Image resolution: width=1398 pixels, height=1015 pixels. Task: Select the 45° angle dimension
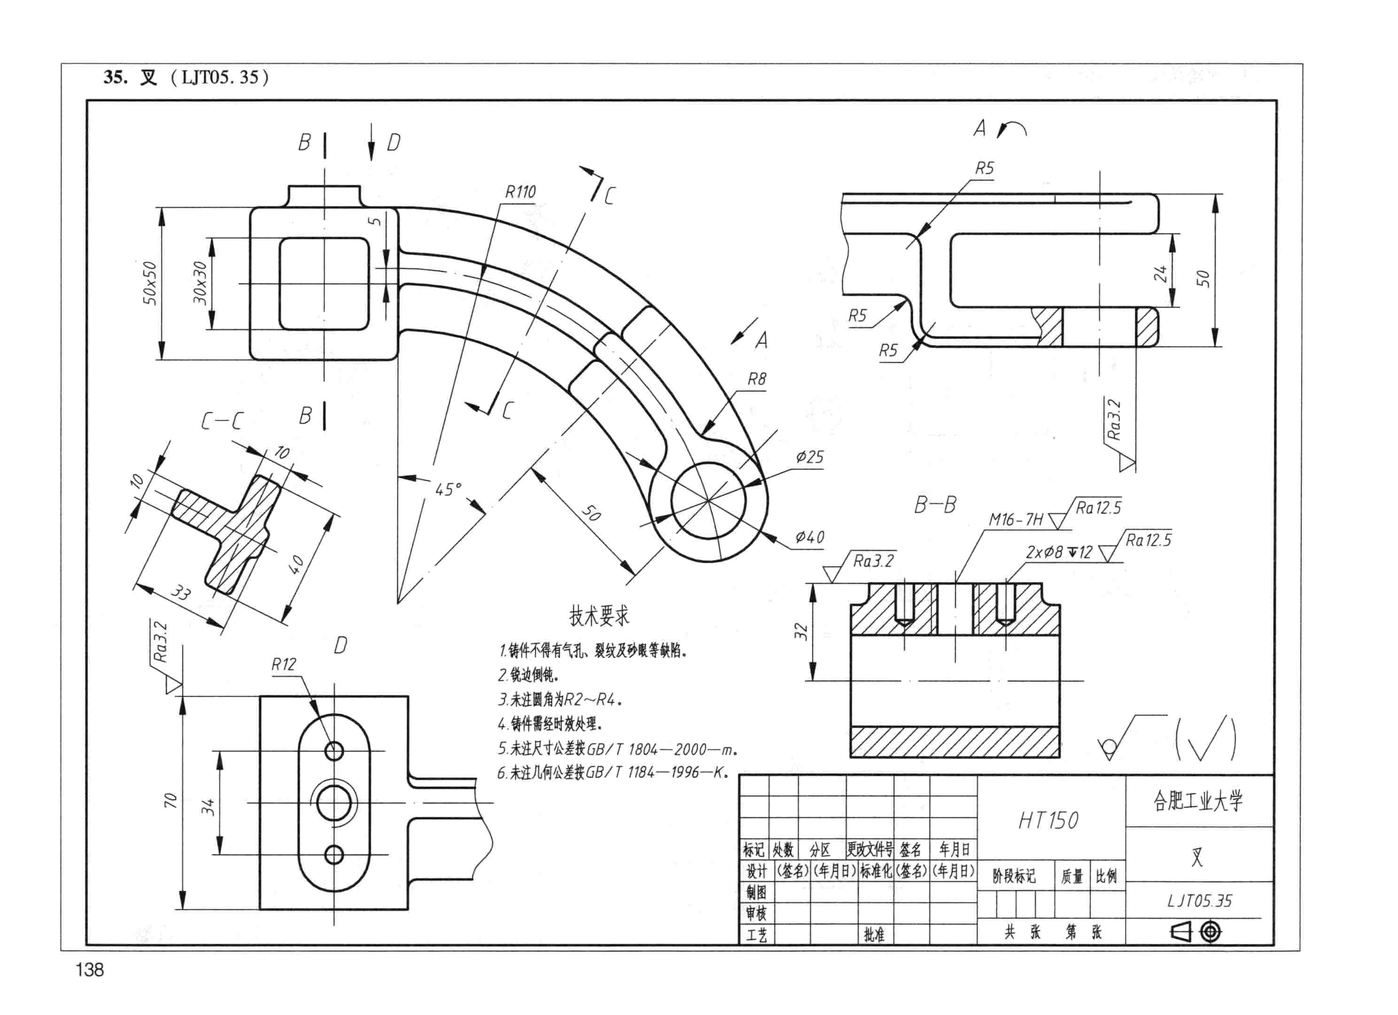(x=448, y=490)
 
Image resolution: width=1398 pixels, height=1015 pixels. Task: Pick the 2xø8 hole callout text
(x=1058, y=552)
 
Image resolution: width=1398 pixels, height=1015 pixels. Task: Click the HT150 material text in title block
(x=1048, y=820)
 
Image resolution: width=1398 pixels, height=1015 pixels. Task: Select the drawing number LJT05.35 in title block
(x=1199, y=901)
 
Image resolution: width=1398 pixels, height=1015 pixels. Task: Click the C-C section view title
(x=222, y=421)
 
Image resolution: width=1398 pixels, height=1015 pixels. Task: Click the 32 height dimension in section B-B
(x=801, y=631)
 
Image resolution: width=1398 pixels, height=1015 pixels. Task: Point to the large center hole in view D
(x=334, y=803)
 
